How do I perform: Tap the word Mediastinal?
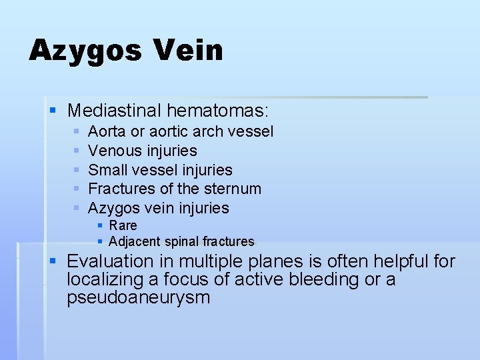(x=115, y=110)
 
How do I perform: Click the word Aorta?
(x=108, y=132)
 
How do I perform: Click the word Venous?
(x=115, y=151)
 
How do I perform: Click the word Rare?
(x=123, y=225)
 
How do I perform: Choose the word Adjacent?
(x=133, y=241)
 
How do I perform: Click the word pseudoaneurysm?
(x=138, y=297)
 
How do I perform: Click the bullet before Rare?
(x=100, y=225)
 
